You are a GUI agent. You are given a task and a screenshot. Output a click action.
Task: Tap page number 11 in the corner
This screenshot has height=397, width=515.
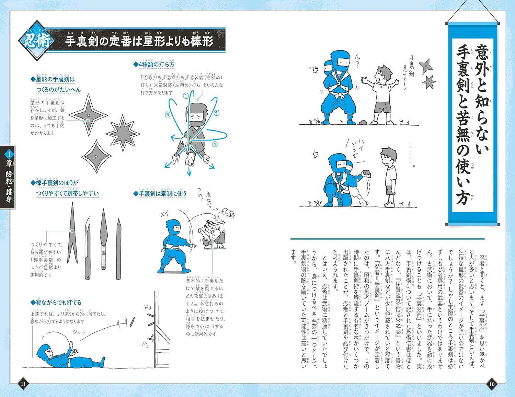(x=23, y=384)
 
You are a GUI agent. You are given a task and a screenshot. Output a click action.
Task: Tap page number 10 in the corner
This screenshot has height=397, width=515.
(x=492, y=384)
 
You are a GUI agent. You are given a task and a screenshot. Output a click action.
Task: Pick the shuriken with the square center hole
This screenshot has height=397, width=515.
(x=97, y=157)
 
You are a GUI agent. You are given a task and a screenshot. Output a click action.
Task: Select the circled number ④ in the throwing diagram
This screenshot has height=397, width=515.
(x=216, y=113)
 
